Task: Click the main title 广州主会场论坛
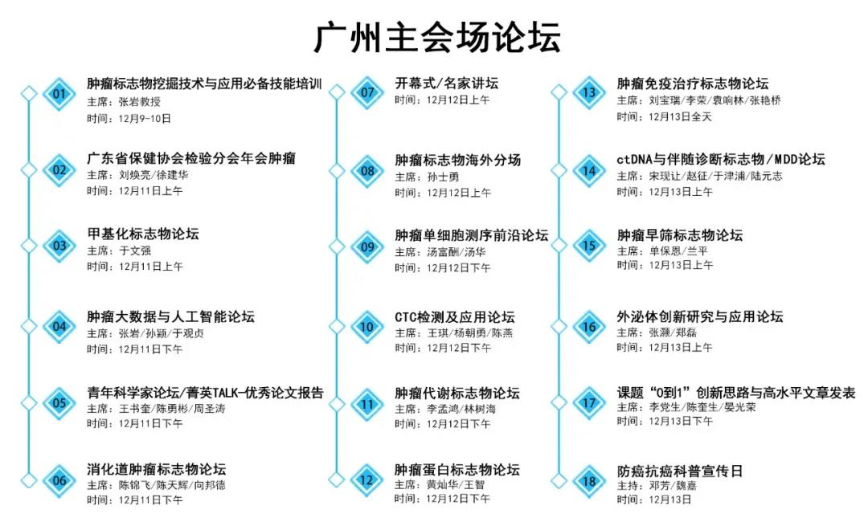437,37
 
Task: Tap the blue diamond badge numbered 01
59,93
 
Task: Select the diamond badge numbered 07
367,92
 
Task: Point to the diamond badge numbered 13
589,92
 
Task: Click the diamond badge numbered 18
589,480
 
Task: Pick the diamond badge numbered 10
367,327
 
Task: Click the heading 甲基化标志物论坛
143,234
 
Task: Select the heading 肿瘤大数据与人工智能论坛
170,316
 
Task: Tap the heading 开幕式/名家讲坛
446,83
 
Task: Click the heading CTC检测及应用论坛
454,317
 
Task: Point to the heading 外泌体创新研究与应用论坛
700,316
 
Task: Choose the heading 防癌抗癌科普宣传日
680,471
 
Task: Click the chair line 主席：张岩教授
124,102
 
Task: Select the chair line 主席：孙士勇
427,177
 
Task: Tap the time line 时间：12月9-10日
129,118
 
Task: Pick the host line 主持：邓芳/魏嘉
657,486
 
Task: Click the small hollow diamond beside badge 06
29,480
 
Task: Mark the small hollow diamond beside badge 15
559,245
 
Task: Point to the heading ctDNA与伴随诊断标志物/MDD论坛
721,159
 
